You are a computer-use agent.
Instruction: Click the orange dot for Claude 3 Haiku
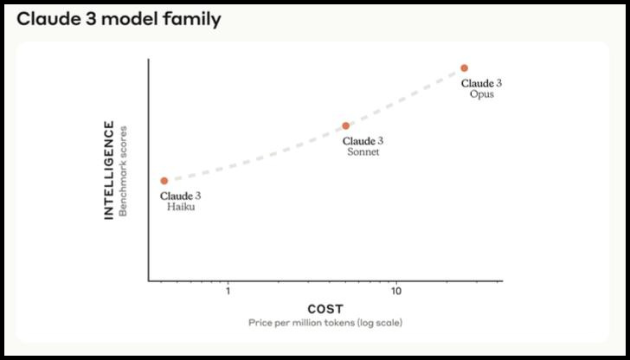[x=164, y=181]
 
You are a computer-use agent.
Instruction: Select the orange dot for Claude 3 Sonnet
[x=345, y=126]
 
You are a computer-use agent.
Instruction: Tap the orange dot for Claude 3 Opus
[x=464, y=67]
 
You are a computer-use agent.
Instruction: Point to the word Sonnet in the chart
[x=363, y=152]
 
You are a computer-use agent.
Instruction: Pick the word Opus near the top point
[x=481, y=94]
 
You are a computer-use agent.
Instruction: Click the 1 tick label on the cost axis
[x=228, y=291]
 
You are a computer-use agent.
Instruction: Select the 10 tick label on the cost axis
[x=395, y=291]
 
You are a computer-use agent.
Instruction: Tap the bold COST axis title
[x=325, y=309]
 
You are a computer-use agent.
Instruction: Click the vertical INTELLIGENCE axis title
[x=109, y=170]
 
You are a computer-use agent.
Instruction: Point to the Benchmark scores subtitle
[x=123, y=170]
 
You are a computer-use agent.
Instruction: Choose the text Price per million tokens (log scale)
[x=325, y=323]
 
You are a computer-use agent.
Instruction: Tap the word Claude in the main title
[x=47, y=18]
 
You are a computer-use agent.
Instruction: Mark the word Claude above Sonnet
[x=358, y=141]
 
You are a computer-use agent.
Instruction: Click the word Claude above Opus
[x=477, y=83]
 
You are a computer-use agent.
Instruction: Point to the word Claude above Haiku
[x=176, y=196]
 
